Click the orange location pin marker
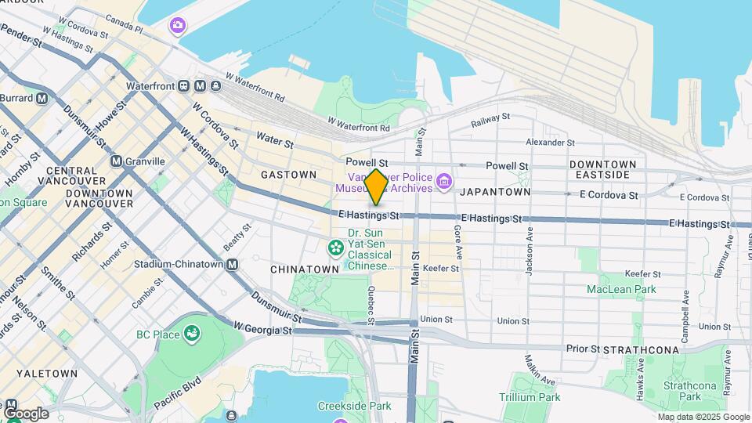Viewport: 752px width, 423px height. point(376,186)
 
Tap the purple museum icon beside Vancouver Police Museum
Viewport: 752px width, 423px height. point(444,183)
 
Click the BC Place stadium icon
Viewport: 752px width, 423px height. point(190,335)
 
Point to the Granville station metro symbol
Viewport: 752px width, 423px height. point(117,161)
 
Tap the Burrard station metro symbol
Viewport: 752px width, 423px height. point(42,99)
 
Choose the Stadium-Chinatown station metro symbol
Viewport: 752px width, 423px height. point(233,265)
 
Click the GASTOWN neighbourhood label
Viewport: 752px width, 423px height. point(288,175)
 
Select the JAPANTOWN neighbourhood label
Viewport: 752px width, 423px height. point(494,192)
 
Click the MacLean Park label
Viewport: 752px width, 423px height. point(621,290)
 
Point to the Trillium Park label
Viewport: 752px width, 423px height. point(530,397)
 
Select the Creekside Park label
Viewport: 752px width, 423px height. point(354,406)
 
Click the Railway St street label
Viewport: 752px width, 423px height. point(490,120)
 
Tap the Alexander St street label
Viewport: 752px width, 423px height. point(550,143)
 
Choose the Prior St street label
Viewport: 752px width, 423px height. point(583,349)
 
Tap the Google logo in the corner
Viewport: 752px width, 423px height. point(25,414)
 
